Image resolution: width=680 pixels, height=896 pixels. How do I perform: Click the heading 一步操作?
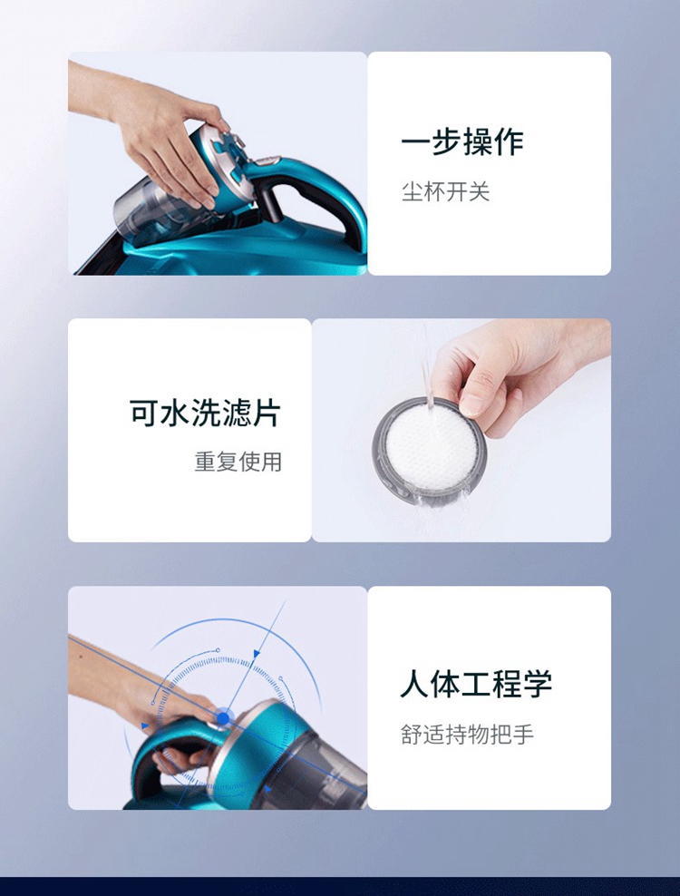(x=461, y=141)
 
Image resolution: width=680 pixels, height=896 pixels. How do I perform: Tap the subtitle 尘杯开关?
(x=446, y=191)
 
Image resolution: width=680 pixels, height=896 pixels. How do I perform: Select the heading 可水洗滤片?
(x=205, y=412)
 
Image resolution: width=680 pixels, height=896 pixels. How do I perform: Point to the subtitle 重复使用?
(x=238, y=461)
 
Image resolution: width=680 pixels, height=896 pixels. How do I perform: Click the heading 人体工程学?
(x=476, y=683)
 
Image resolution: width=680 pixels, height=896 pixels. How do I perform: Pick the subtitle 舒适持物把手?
(x=467, y=734)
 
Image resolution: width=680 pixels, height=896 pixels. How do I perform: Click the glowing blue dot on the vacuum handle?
(x=223, y=718)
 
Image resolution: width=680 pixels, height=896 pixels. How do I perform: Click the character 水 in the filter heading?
(x=175, y=412)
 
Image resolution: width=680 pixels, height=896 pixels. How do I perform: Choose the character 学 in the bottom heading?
(x=537, y=683)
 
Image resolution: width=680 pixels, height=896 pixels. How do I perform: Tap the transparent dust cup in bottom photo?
(x=333, y=765)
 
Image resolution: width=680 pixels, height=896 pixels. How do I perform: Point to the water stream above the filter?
(x=426, y=372)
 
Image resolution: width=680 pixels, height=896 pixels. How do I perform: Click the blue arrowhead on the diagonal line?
(x=257, y=653)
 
